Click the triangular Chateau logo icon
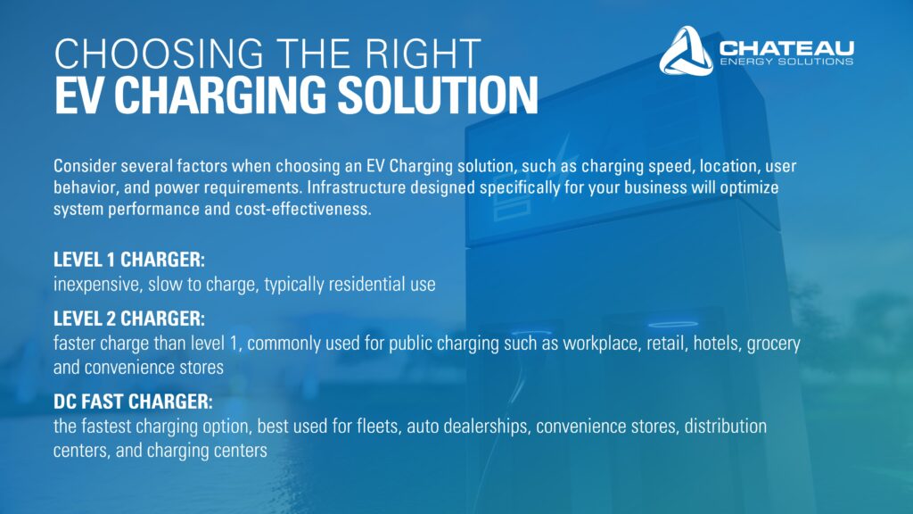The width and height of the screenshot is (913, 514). (x=687, y=51)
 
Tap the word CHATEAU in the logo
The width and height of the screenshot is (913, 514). (x=786, y=48)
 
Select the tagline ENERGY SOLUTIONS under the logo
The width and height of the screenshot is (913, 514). (x=786, y=62)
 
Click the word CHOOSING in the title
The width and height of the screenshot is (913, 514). (x=159, y=54)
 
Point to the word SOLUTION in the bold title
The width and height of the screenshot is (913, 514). (x=438, y=95)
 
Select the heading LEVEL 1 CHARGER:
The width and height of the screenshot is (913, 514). (x=129, y=260)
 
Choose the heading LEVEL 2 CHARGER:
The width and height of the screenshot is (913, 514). (x=129, y=319)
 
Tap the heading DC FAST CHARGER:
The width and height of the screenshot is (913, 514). (x=134, y=402)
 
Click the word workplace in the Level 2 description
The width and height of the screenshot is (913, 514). (x=602, y=344)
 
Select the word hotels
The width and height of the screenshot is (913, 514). (x=717, y=344)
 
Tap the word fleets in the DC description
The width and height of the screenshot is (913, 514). (x=378, y=427)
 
